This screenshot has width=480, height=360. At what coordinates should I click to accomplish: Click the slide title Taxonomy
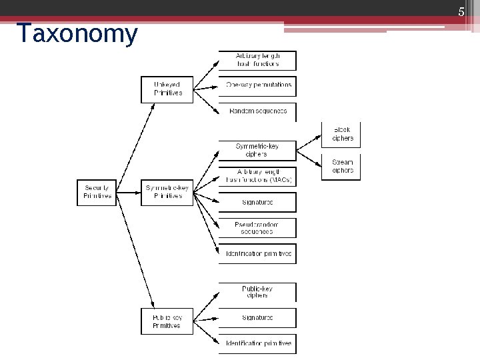click(77, 33)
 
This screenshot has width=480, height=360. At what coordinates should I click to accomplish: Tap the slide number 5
click(460, 11)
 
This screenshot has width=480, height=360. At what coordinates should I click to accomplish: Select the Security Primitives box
click(97, 192)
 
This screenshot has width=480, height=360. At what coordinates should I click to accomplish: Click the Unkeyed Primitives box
click(167, 89)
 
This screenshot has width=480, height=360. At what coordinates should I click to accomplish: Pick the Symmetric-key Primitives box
click(167, 192)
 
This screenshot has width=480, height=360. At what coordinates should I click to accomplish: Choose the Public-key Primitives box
click(167, 321)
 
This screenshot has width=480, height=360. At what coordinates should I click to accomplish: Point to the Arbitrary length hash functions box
click(257, 60)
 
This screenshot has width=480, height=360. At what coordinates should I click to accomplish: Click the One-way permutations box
click(257, 85)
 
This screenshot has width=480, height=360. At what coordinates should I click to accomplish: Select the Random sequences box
click(257, 111)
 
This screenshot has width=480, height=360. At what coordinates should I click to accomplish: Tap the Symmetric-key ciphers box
click(257, 150)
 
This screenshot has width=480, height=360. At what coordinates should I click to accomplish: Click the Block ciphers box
click(342, 135)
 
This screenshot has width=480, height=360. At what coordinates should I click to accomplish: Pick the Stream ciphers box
click(342, 166)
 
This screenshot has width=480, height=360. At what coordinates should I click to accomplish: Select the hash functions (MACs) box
click(257, 176)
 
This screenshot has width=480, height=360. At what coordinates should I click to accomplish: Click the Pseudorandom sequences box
click(257, 227)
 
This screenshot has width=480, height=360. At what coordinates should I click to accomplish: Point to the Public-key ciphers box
click(257, 292)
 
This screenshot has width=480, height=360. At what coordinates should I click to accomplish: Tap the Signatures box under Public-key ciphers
click(257, 318)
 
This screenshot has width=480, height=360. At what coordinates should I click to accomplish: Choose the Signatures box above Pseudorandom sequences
click(257, 202)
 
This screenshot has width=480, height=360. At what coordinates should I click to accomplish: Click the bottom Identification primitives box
click(257, 343)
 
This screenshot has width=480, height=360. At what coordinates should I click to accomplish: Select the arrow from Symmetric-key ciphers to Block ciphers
click(309, 143)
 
